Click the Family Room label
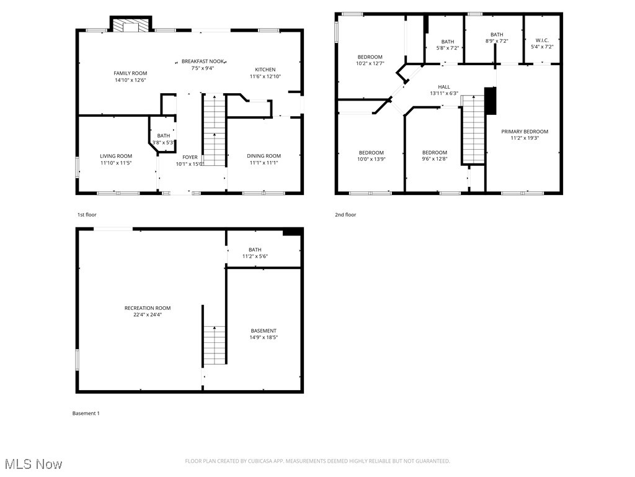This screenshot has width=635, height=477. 130,73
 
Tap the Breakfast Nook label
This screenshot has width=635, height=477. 203,61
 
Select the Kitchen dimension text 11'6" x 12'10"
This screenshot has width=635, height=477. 265,76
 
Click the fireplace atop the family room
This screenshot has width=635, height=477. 130,25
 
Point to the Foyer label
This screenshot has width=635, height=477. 190,157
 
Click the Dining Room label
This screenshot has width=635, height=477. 264,156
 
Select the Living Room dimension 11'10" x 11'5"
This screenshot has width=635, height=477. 116,163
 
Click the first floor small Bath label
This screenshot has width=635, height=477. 163,135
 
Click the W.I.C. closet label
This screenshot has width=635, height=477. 541,40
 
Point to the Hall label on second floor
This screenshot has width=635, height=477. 444,87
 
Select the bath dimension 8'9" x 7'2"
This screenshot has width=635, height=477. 497,41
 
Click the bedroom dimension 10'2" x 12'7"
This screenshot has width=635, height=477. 370,63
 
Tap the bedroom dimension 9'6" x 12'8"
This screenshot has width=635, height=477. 435,159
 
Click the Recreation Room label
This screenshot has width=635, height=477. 148,308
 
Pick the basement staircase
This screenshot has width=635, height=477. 215,345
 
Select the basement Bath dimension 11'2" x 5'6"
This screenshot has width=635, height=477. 255,256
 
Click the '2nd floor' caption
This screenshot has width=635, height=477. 345,215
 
